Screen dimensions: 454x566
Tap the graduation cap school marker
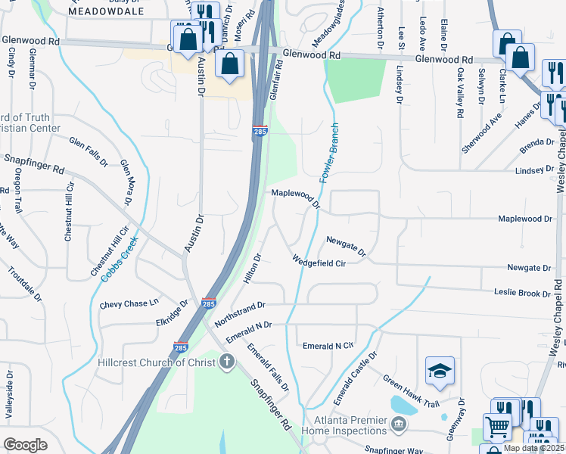440,371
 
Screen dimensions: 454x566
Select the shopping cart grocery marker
496,428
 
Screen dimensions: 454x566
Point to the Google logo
26,444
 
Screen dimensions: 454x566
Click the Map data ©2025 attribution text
533,448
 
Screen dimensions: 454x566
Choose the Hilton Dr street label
253,269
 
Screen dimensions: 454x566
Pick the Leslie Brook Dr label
521,293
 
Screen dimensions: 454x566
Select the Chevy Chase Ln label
129,304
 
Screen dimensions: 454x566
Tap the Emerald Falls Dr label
269,367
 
